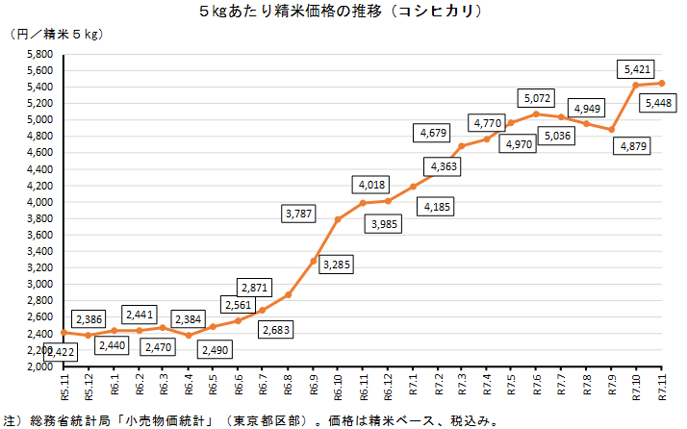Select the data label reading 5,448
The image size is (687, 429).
click(659, 103)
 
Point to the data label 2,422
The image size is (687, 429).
click(61, 352)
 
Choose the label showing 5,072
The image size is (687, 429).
click(537, 98)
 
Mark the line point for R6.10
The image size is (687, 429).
click(338, 219)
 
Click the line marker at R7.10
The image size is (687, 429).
click(636, 86)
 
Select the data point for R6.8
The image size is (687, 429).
click(288, 294)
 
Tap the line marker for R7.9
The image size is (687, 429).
click(611, 129)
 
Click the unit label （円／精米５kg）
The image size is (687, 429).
click(56, 35)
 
